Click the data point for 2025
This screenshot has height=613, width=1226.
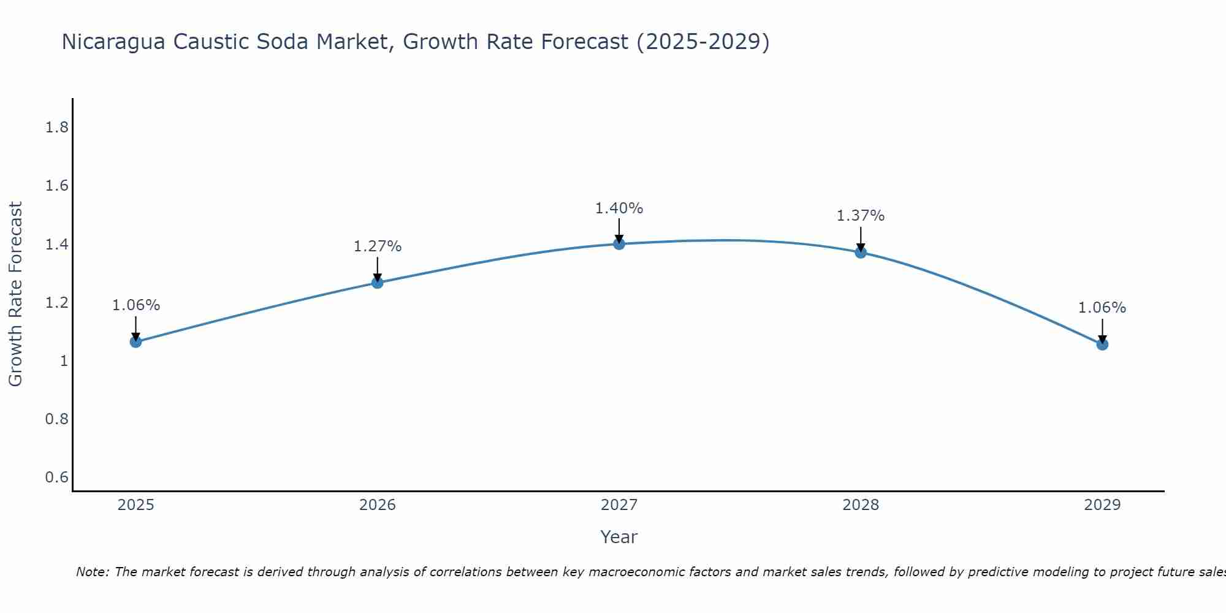point(136,341)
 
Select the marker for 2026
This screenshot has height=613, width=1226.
point(378,283)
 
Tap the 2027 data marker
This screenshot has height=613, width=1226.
point(619,244)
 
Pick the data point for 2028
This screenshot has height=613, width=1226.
point(861,253)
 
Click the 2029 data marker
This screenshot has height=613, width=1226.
point(1102,345)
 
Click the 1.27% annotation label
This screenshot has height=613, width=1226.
point(378,246)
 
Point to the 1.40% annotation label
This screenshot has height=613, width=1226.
point(619,208)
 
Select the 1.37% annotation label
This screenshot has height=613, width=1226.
point(861,216)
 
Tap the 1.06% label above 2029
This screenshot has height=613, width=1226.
point(1102,308)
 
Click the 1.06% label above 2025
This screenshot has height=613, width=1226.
point(136,305)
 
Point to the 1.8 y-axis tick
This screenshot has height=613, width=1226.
point(57,128)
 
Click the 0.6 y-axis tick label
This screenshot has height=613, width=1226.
point(57,478)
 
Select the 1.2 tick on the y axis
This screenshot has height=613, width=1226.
point(57,303)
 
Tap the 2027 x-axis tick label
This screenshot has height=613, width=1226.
point(619,505)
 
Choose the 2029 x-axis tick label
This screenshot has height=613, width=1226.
point(1102,505)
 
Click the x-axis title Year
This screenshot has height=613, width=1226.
point(619,537)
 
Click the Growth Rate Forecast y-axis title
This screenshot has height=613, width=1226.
point(16,294)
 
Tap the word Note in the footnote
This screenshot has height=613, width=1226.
point(92,572)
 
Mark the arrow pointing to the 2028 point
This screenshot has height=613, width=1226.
point(861,239)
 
